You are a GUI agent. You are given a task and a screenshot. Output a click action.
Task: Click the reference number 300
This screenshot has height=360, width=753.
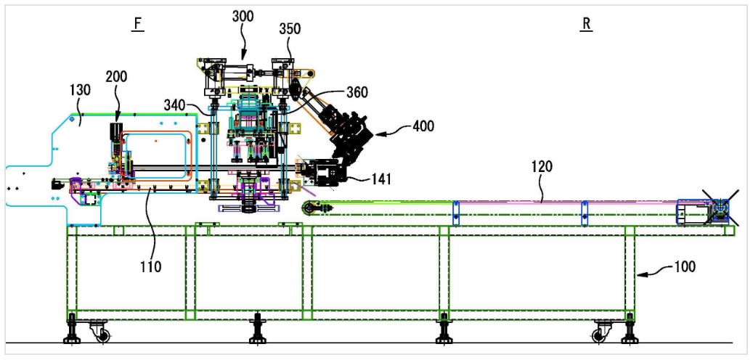[x=243, y=16]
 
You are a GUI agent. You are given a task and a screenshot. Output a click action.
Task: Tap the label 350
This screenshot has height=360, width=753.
[x=290, y=29]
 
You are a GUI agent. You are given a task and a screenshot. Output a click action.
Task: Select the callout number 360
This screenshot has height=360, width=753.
[x=357, y=92]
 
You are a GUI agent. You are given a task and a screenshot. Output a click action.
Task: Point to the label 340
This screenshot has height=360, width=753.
[x=174, y=105]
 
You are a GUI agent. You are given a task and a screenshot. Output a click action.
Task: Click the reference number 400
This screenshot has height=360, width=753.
[x=423, y=127]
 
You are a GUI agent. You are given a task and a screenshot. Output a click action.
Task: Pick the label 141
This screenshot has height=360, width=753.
[x=380, y=179]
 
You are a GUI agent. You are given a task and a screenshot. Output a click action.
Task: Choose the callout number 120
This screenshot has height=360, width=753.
[x=542, y=166]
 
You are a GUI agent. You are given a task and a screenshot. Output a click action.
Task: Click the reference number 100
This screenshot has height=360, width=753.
[x=685, y=267]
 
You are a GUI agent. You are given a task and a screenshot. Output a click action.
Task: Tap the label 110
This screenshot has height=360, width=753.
[x=151, y=266]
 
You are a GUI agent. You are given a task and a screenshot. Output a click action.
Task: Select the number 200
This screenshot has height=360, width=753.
[x=117, y=77]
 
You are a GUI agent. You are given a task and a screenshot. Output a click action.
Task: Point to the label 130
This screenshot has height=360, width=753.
[x=80, y=90]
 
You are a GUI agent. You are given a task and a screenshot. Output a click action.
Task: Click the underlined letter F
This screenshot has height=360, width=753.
[x=137, y=25]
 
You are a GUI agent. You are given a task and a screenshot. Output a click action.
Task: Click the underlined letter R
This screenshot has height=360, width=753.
[x=586, y=25]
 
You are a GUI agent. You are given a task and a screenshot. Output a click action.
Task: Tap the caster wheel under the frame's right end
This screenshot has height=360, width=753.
[x=599, y=335]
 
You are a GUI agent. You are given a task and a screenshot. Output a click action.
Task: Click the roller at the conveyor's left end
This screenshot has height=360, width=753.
[x=308, y=208]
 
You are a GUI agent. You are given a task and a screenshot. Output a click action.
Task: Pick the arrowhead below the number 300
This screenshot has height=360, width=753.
[x=243, y=56]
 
